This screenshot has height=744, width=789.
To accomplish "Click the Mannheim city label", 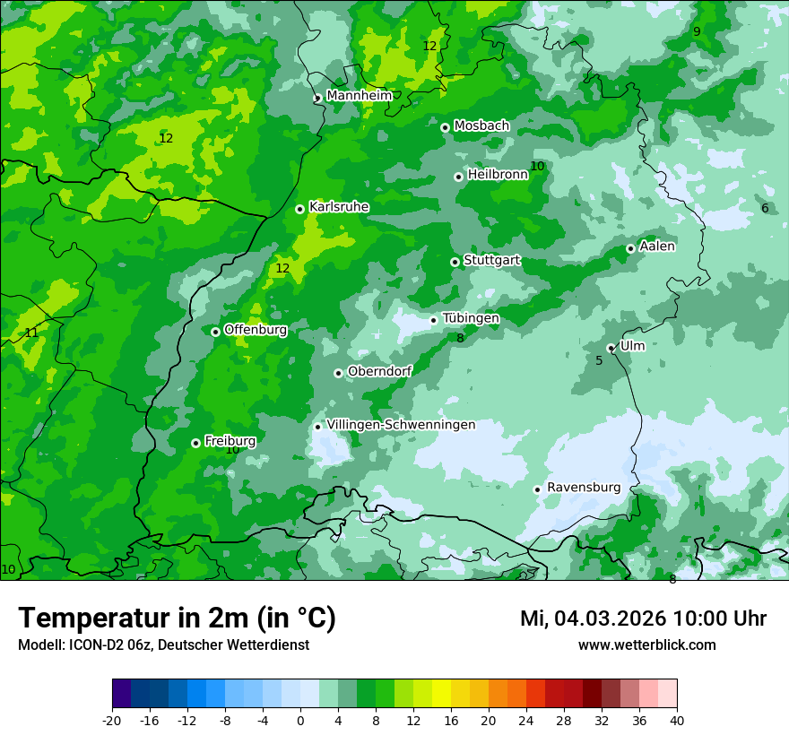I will (x=359, y=95).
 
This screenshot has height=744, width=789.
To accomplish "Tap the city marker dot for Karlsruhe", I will (x=299, y=209).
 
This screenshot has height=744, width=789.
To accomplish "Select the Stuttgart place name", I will (x=491, y=260).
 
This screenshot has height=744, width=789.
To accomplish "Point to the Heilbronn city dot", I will (x=458, y=177).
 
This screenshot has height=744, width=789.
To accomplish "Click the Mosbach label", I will (x=481, y=125).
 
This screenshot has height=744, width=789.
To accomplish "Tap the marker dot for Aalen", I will (x=630, y=248).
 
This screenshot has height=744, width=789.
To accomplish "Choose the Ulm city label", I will (x=632, y=345).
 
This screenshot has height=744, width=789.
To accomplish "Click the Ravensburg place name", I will (x=583, y=487).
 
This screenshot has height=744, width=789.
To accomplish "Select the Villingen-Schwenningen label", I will (x=401, y=424).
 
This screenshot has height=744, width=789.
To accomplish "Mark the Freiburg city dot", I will (x=195, y=443).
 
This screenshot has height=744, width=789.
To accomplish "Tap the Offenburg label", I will (x=256, y=329).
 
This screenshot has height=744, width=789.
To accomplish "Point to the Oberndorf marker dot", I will (x=338, y=373).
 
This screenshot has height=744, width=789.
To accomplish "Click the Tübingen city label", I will (x=471, y=318).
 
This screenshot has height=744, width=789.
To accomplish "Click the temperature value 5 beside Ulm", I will (x=599, y=360).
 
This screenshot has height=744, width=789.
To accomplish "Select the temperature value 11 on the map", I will (x=31, y=333).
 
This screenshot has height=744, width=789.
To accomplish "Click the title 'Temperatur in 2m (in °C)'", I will (x=177, y=618).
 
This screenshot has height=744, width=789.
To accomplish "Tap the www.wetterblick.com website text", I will (x=646, y=645).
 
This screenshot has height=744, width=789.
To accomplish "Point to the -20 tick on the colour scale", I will (x=112, y=720).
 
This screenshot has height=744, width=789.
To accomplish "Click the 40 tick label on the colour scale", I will (x=677, y=720).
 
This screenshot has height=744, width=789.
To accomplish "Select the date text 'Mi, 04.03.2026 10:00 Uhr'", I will (x=643, y=619).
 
